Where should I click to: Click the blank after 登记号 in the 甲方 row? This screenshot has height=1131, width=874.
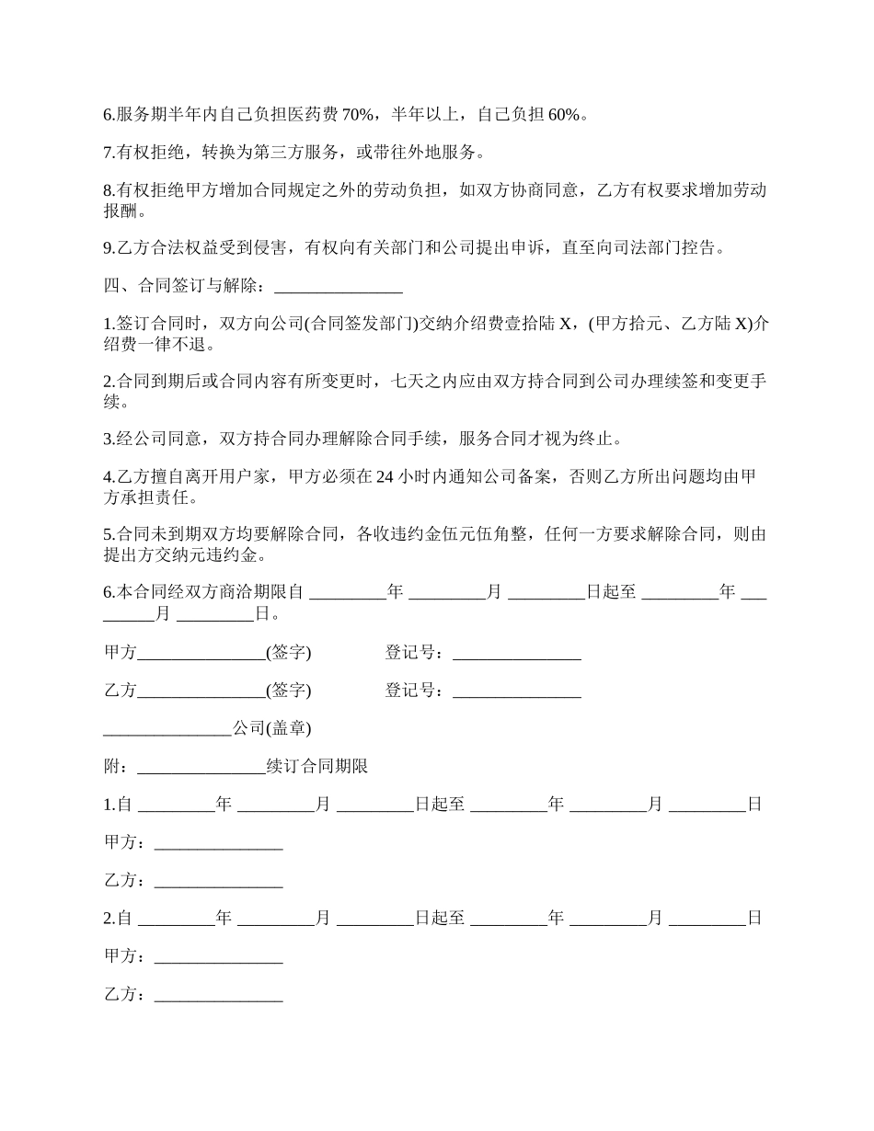516,653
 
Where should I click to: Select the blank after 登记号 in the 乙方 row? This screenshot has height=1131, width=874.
516,691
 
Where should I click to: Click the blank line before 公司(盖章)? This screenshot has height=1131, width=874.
167,728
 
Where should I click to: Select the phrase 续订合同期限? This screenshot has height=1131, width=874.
317,766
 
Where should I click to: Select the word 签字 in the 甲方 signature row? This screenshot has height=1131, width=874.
289,653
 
